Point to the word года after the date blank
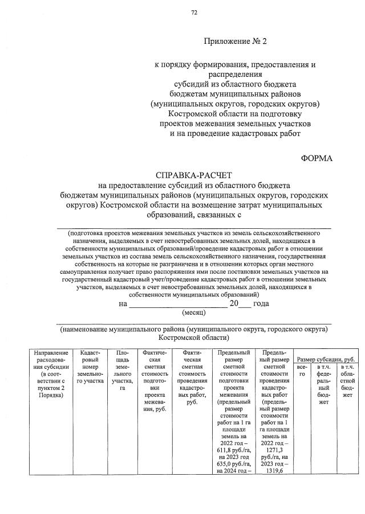(x=261, y=303)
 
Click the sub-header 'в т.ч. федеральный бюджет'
(x=324, y=386)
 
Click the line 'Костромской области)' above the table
(x=194, y=338)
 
